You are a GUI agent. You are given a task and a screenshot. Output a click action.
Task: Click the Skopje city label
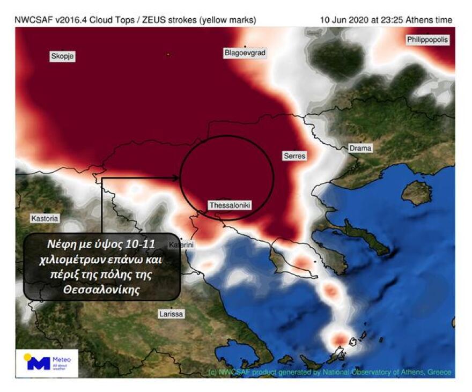(63, 56)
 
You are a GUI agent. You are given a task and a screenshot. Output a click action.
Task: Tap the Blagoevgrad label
(245, 53)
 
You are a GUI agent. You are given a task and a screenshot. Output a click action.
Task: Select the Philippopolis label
(427, 40)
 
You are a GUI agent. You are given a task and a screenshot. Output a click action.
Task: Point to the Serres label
(294, 156)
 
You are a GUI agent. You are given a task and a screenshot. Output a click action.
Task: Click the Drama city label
(359, 148)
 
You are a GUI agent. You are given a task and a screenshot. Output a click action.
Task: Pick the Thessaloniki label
(230, 205)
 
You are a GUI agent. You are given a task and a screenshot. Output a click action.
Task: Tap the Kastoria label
(45, 219)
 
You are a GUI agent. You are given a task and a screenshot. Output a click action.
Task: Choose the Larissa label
(171, 314)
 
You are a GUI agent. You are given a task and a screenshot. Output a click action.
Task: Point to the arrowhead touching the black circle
(176, 177)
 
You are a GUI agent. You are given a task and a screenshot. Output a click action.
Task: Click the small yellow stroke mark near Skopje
(168, 54)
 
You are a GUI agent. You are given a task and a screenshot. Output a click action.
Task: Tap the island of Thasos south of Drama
(416, 192)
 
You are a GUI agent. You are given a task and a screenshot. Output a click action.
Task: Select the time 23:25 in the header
(382, 20)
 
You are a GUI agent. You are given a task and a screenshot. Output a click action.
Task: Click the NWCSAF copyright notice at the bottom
(329, 372)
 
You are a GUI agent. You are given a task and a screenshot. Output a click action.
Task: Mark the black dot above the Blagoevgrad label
(245, 47)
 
